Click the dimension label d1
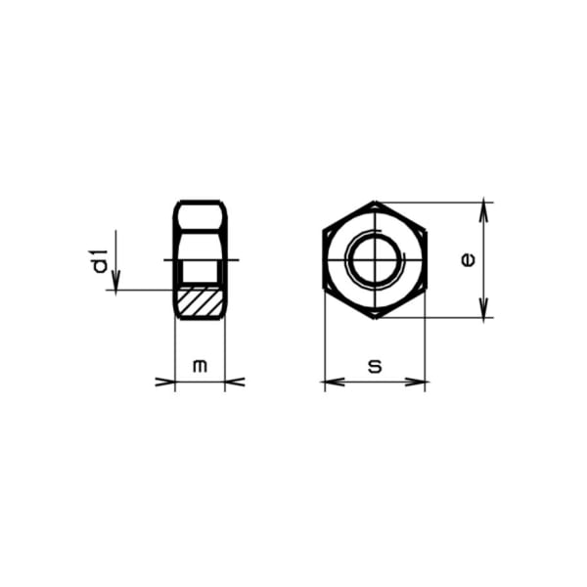pos(99,261)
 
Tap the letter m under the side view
pos(201,366)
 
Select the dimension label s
pos(375,366)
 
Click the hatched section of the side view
pos(201,300)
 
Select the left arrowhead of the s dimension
pos(330,382)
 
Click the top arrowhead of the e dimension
pos(484,208)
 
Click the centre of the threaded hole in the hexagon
pos(375,260)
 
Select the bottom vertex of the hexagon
pos(375,318)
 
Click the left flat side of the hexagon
pos(324,260)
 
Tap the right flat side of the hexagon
pos(426,260)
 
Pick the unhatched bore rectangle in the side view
pos(201,269)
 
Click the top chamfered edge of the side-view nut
pos(201,203)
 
